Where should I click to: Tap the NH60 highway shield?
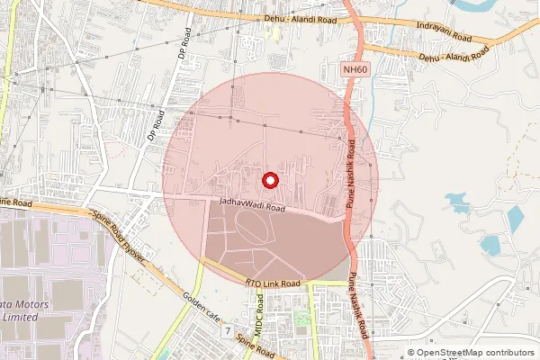[x=355, y=68]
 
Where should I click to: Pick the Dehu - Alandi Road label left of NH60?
[x=301, y=19]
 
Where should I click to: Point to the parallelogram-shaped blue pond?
[x=514, y=217]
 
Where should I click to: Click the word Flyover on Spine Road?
[x=139, y=251]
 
